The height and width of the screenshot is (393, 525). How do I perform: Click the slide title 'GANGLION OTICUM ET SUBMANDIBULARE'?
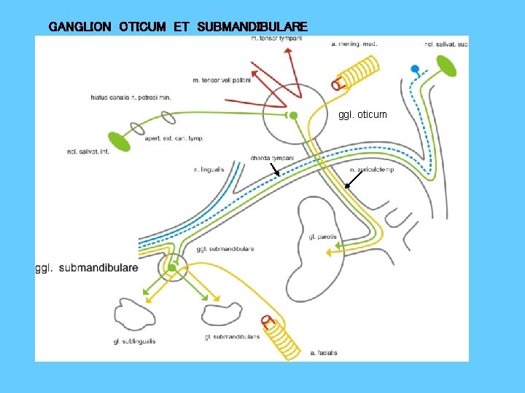click(178, 27)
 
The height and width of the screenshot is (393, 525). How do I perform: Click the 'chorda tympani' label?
click(271, 158)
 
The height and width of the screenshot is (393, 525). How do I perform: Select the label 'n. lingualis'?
click(209, 170)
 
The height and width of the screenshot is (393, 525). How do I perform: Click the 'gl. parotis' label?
click(322, 237)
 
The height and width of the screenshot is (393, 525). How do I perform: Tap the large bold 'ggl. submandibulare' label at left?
click(87, 268)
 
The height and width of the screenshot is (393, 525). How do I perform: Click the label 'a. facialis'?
click(322, 354)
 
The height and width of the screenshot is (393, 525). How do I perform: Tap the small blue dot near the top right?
click(415, 69)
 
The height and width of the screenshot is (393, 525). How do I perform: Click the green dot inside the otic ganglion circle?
click(293, 115)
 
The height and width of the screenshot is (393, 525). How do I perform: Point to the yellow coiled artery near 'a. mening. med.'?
click(355, 74)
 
